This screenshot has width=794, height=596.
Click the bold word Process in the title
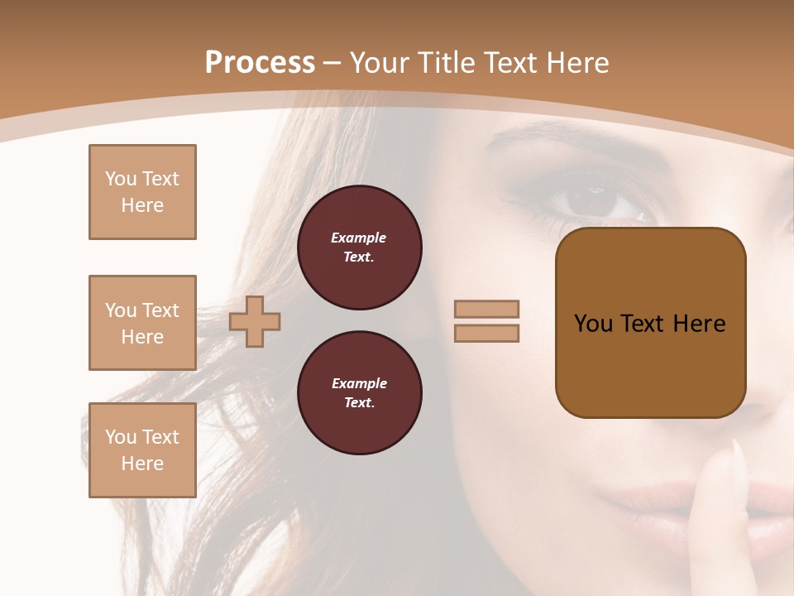tap(260, 63)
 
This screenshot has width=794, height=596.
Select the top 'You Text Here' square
tap(142, 192)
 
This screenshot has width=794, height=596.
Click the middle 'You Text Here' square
tap(142, 323)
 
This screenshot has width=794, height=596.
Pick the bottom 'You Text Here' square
tap(142, 450)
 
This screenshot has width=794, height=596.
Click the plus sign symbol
tap(255, 321)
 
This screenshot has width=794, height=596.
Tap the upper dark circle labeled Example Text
tap(359, 248)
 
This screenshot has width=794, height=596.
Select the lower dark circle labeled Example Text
tap(359, 393)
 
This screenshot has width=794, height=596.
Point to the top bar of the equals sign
tap(486, 309)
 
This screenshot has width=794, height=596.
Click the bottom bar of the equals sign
tap(486, 333)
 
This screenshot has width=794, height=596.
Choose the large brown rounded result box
tap(650, 364)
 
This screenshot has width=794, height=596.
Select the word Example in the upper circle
tap(358, 238)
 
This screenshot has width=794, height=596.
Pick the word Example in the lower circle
tap(359, 383)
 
